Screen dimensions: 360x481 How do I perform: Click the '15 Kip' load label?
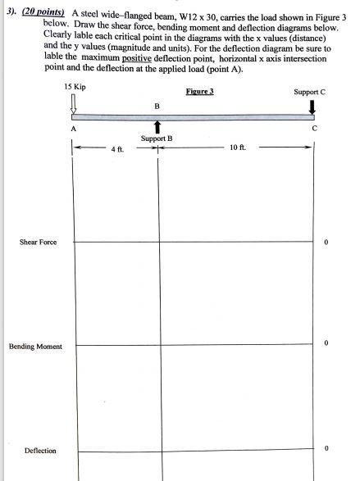(73, 87)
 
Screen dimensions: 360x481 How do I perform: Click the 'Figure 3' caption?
(199, 91)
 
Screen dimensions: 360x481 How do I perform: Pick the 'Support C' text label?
(309, 92)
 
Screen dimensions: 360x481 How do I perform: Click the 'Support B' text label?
(157, 138)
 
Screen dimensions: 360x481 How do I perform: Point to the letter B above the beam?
(157, 107)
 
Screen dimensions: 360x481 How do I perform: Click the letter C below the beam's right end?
(312, 129)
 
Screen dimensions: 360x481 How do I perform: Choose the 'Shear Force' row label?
(39, 243)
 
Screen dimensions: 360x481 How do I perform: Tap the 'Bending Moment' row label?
(35, 347)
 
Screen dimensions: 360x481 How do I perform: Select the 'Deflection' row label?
(40, 450)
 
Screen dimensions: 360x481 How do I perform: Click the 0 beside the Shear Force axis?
(326, 243)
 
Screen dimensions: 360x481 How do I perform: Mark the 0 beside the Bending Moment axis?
(326, 344)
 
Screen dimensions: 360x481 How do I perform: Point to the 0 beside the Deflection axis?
(326, 448)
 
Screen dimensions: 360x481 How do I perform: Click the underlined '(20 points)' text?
(43, 14)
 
